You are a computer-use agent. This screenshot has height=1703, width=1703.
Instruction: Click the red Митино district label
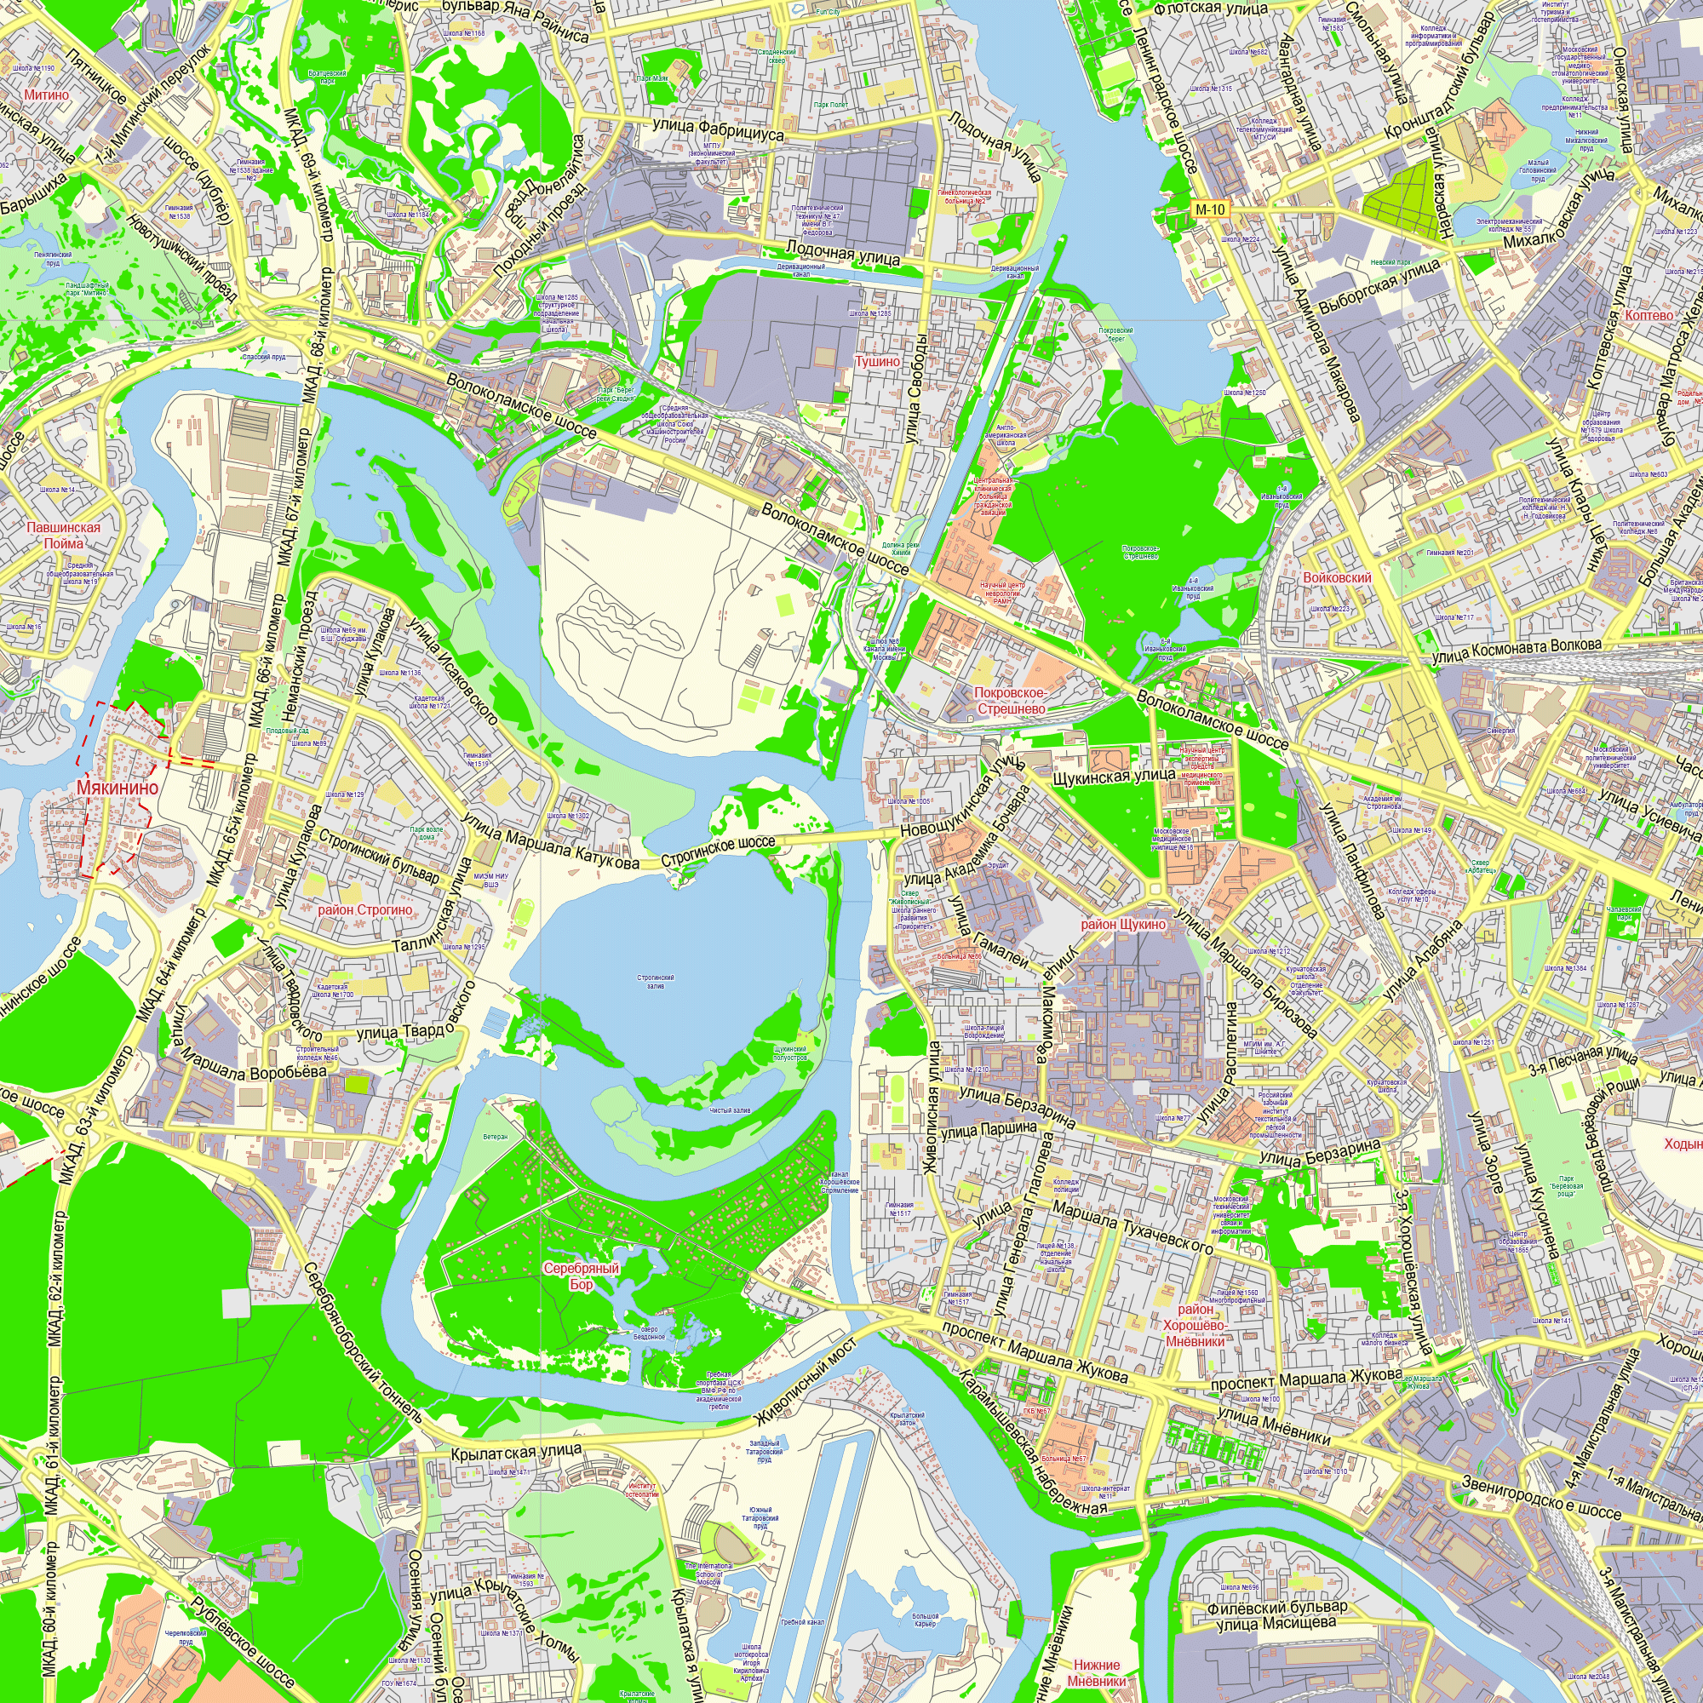point(46,95)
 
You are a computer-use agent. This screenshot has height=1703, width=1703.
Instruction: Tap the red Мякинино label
point(118,787)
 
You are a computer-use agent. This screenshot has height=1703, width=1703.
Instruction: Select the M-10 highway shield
point(1210,209)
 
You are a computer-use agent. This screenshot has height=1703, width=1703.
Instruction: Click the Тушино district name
point(877,361)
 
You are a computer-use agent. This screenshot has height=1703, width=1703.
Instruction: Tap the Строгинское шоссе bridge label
point(718,851)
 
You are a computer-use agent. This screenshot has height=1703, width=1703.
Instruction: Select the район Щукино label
point(1123,925)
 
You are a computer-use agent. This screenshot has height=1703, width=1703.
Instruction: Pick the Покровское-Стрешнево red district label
point(1010,701)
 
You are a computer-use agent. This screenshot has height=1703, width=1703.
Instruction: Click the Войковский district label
point(1336,577)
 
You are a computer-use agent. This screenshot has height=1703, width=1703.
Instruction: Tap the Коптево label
point(1649,315)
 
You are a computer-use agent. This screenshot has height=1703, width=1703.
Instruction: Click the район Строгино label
point(365,909)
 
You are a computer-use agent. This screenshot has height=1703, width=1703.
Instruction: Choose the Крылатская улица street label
point(516,1450)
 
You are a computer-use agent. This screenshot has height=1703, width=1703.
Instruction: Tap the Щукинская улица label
point(1114,777)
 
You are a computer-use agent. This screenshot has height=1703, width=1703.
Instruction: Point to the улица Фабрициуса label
point(718,129)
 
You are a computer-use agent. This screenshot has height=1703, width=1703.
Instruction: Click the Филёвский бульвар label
point(1277,1608)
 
